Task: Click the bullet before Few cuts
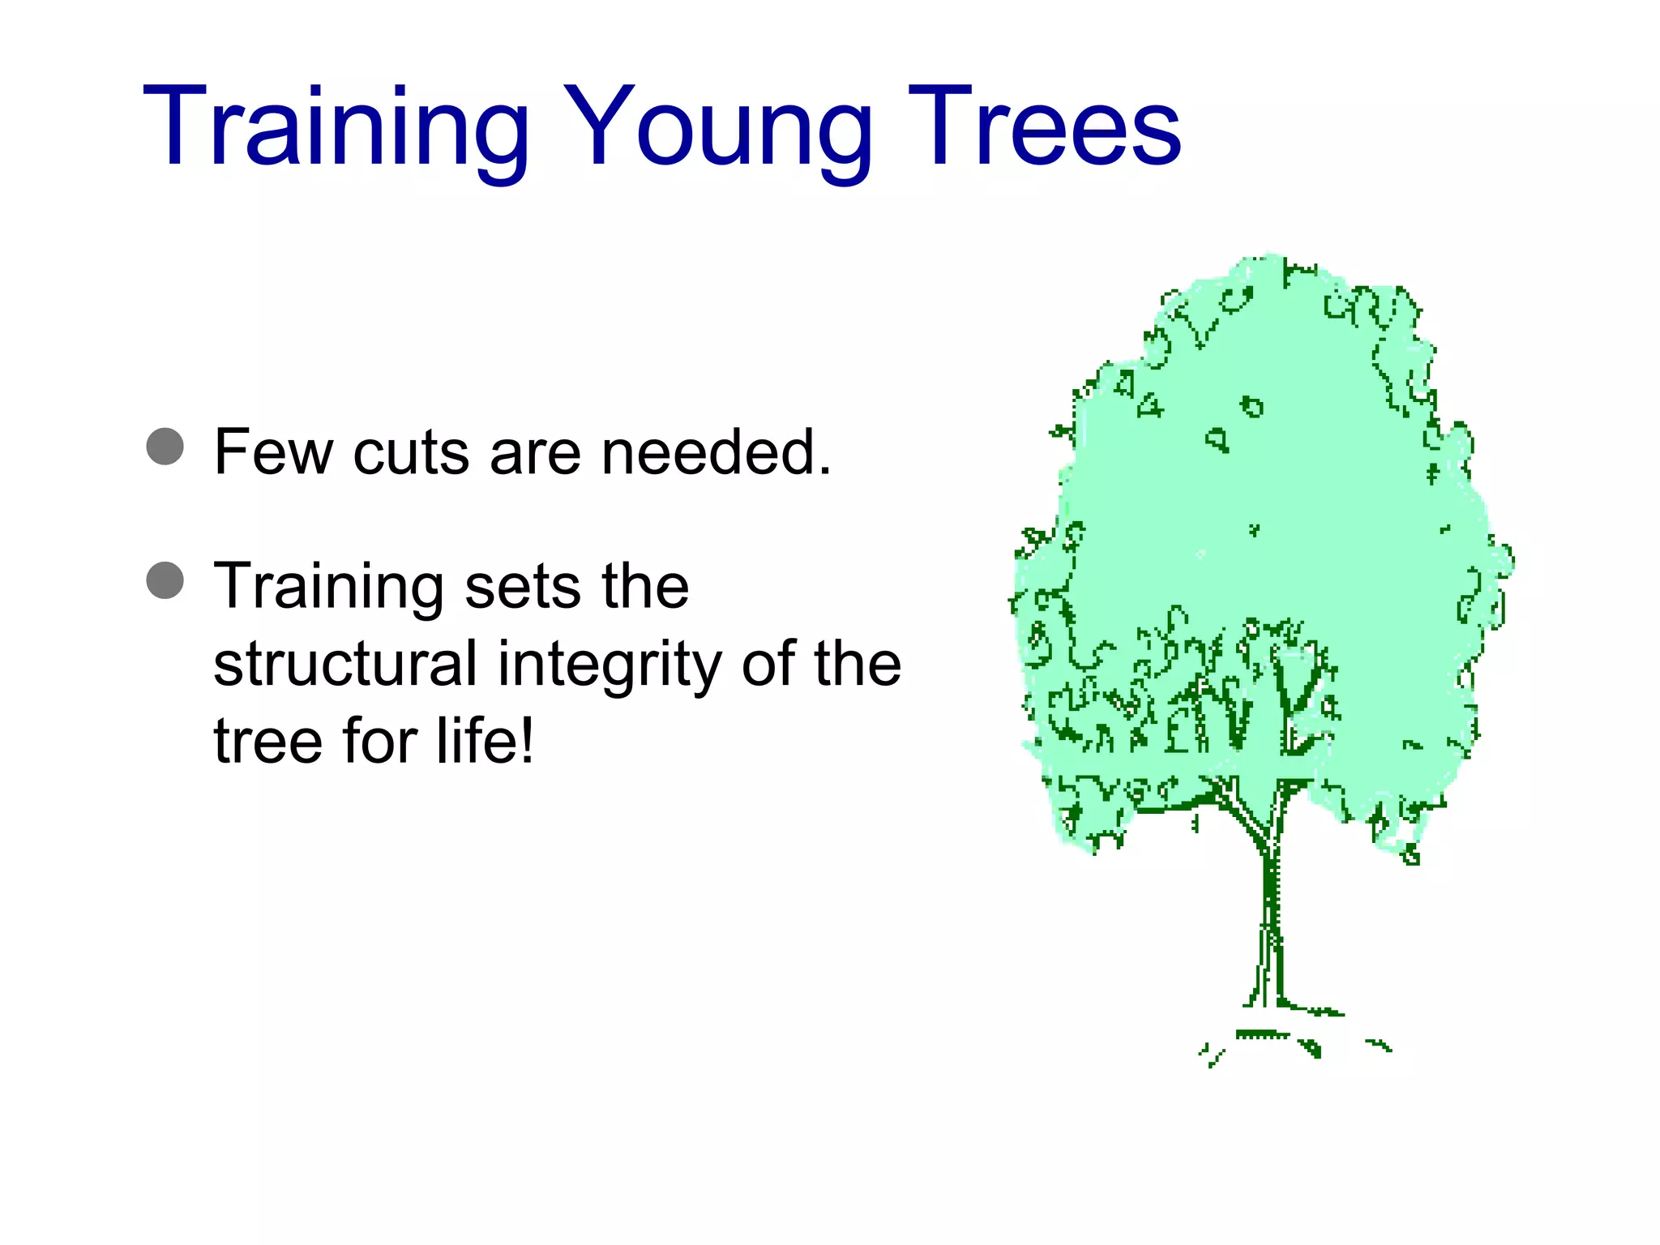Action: [x=165, y=446]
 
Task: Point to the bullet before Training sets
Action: [x=165, y=580]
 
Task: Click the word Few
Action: [x=273, y=451]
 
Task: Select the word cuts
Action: [x=411, y=451]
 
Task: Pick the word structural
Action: [x=344, y=663]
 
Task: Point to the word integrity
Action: [x=609, y=663]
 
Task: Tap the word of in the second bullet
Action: [x=767, y=663]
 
